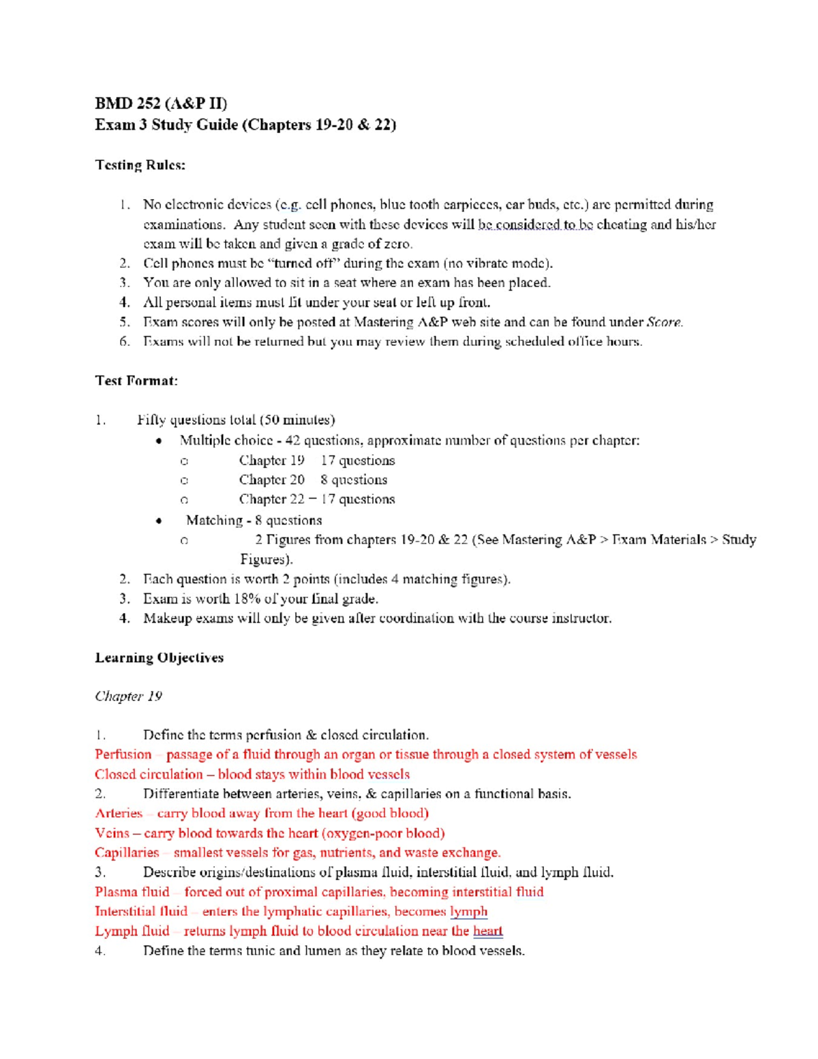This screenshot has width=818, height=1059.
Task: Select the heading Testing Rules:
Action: click(140, 165)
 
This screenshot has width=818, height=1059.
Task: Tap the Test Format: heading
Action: click(136, 381)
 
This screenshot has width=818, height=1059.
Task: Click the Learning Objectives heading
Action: click(159, 657)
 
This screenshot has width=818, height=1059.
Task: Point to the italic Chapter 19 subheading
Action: click(128, 696)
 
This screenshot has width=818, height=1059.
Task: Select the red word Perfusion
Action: click(123, 754)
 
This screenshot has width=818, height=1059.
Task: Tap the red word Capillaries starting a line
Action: click(127, 852)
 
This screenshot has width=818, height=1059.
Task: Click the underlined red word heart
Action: click(487, 931)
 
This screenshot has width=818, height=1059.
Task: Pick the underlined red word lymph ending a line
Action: click(468, 911)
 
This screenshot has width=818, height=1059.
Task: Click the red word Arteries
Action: click(119, 813)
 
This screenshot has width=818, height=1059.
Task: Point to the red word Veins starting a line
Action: click(112, 833)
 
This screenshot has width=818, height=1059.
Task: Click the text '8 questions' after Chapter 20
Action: click(353, 479)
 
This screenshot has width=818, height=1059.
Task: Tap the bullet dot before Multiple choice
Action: click(159, 441)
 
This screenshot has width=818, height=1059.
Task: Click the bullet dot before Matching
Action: click(159, 521)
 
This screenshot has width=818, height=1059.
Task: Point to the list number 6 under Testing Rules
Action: click(124, 341)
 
